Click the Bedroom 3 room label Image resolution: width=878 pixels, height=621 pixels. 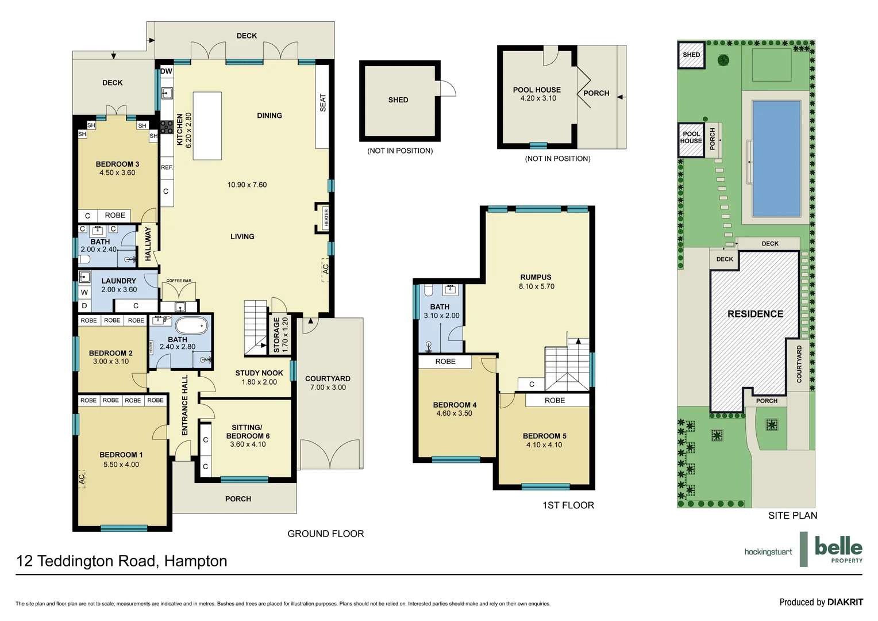(117, 164)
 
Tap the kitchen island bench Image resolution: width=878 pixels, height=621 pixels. (207, 126)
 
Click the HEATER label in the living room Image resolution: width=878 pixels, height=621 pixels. (326, 218)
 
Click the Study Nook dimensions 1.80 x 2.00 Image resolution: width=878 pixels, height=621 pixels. (259, 382)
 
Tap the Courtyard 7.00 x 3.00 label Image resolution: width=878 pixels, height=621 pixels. (328, 383)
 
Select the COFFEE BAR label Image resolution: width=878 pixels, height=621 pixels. (179, 281)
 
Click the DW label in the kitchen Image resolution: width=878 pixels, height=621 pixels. (166, 71)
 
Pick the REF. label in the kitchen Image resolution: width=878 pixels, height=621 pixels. (167, 167)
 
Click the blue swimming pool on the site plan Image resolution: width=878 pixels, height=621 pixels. (776, 158)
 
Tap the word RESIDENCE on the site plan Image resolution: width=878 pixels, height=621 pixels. (755, 314)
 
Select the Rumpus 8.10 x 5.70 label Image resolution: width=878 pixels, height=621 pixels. (536, 282)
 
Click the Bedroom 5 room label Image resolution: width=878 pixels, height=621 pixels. (544, 436)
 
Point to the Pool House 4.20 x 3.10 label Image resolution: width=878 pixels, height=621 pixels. (537, 94)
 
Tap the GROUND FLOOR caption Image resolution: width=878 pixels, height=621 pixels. (325, 534)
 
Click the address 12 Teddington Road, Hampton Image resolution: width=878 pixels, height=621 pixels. (122, 561)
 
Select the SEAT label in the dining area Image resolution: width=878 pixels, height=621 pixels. (322, 103)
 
